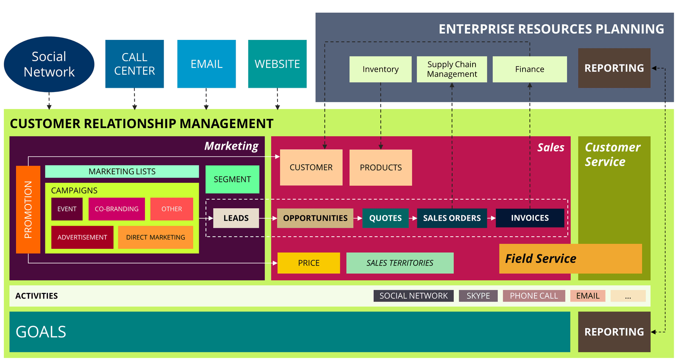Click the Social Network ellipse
[x=49, y=64]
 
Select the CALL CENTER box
[x=134, y=64]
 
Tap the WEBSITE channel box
[x=277, y=64]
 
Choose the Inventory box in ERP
[x=381, y=69]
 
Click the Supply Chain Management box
[x=452, y=69]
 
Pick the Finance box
[x=530, y=69]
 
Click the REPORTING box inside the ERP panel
[x=614, y=68]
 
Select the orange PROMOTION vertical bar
[x=28, y=209]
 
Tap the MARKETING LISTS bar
[x=122, y=171]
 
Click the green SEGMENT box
[x=233, y=179]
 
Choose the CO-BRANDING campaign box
[x=117, y=209]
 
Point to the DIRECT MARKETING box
[x=156, y=237]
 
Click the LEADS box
[x=236, y=218]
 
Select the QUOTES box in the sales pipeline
[x=385, y=218]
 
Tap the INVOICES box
[x=530, y=218]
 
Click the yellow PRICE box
[x=309, y=263]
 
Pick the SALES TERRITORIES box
[x=400, y=263]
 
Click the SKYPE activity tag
[x=478, y=296]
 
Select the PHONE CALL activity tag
[x=534, y=296]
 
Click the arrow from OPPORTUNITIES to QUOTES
[x=358, y=218]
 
